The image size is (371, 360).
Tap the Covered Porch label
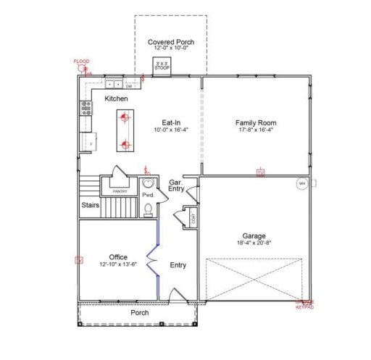click(x=170, y=43)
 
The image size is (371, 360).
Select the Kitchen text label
click(x=116, y=98)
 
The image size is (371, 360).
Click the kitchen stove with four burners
click(x=85, y=109)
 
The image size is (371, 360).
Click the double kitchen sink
click(x=113, y=80)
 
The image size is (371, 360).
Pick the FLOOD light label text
click(x=81, y=62)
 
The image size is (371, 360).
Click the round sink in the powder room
click(x=149, y=184)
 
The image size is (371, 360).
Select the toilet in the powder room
click(x=149, y=209)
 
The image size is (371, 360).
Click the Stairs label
click(x=91, y=205)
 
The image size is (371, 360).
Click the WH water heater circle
click(x=301, y=183)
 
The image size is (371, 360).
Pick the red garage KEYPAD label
click(x=305, y=305)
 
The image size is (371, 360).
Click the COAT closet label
click(x=193, y=218)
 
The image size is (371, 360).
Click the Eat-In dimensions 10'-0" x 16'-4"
click(x=170, y=130)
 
